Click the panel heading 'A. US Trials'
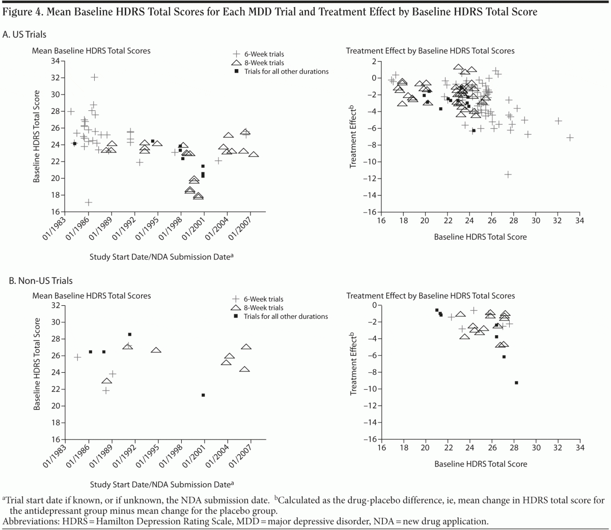(x=25, y=35)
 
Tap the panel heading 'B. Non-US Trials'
(x=38, y=280)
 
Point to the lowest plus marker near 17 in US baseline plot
(x=89, y=202)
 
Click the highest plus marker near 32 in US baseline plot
(x=95, y=77)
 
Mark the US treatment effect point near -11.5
(x=508, y=174)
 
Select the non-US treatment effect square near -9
(x=516, y=382)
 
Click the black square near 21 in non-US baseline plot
(x=203, y=395)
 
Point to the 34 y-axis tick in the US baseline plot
(x=54, y=61)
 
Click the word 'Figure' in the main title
(x=17, y=12)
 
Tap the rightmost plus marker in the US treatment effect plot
(x=570, y=138)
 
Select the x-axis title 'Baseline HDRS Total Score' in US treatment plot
(x=480, y=237)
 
